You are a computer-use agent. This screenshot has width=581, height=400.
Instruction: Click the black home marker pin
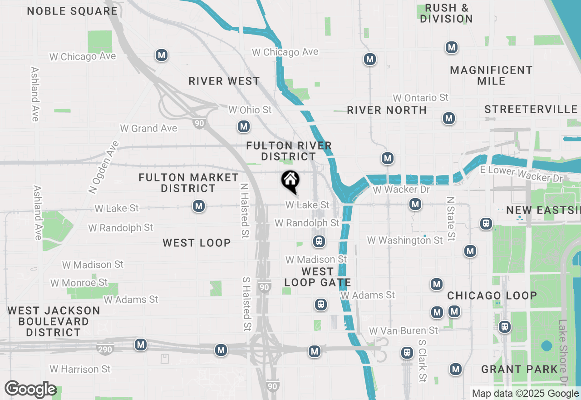(x=290, y=180)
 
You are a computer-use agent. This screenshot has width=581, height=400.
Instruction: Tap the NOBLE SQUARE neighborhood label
(x=72, y=11)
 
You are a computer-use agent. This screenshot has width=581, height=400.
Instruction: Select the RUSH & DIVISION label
(x=446, y=13)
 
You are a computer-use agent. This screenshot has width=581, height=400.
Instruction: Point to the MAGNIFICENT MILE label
(x=491, y=75)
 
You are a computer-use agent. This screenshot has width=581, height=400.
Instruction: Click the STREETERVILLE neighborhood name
(x=531, y=110)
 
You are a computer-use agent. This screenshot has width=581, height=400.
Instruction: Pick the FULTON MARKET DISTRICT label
(x=188, y=183)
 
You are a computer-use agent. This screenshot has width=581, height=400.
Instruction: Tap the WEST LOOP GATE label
(x=317, y=277)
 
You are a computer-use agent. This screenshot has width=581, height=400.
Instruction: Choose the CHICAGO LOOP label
(x=492, y=296)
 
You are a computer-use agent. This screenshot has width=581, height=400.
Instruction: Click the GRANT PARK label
(x=519, y=369)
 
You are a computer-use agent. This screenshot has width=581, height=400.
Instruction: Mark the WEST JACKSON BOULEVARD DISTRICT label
(x=54, y=321)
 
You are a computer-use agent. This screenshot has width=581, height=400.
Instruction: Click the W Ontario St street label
(x=420, y=98)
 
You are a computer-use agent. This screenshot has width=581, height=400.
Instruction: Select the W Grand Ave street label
(x=148, y=129)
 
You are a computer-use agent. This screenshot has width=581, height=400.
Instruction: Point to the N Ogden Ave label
(x=104, y=167)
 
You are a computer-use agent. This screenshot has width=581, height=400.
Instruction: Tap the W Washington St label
(x=405, y=240)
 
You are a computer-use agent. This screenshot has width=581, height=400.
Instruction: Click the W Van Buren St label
(x=404, y=330)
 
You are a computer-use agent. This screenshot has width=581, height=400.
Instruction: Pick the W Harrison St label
(x=80, y=369)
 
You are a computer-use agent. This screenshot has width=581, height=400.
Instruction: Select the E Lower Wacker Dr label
(x=521, y=174)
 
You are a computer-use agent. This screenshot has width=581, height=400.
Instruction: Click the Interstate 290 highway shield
(x=105, y=350)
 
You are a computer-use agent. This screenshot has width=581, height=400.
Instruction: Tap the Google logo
(x=30, y=390)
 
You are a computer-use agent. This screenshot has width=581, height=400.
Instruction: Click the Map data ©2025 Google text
(x=525, y=394)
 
